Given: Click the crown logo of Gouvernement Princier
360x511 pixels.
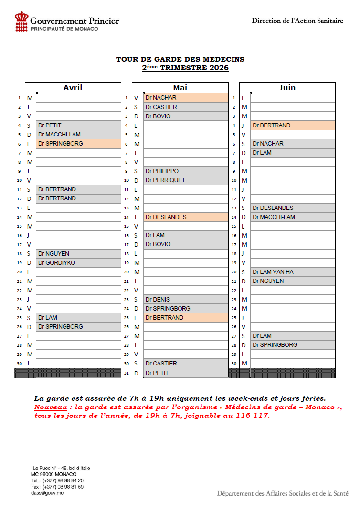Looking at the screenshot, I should click(x=21, y=22).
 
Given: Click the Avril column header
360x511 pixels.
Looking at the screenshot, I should click(x=73, y=87).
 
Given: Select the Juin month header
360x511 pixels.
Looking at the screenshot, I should click(x=287, y=87).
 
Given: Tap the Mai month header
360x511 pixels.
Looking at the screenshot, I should click(x=180, y=87).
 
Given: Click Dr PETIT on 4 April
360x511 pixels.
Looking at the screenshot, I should click(x=50, y=125).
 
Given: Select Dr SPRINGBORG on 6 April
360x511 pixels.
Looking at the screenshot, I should click(x=61, y=144).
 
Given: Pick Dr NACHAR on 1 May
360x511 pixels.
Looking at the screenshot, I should click(x=161, y=98).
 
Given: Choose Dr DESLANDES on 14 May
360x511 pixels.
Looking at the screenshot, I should click(x=166, y=217).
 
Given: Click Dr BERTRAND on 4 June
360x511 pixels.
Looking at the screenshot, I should click(x=272, y=125).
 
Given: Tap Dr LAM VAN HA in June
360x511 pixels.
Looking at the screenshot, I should click(x=273, y=272).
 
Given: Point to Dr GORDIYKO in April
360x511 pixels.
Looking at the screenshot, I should click(x=57, y=263).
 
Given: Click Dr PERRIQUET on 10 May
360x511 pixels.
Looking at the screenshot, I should click(x=165, y=180).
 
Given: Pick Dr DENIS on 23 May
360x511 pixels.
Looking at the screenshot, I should click(x=158, y=300).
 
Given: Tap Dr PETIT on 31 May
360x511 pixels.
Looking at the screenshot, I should click(x=157, y=373).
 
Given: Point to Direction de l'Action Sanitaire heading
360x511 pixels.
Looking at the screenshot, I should click(x=297, y=21).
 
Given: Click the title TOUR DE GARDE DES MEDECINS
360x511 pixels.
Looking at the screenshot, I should click(x=180, y=59).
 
